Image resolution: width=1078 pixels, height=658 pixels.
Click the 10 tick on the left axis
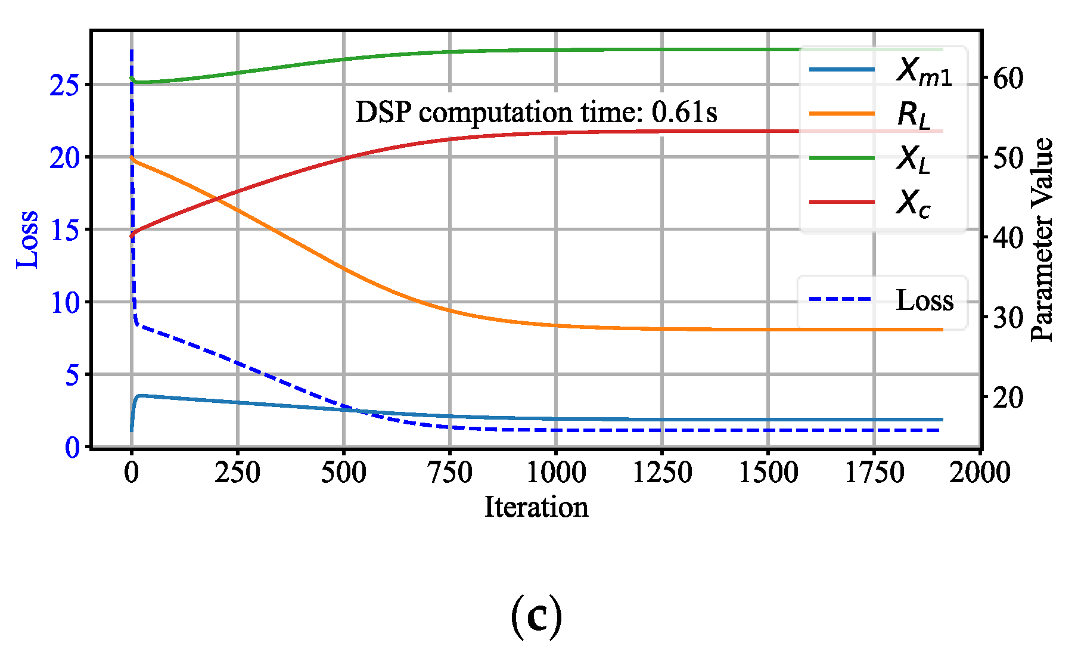(64, 303)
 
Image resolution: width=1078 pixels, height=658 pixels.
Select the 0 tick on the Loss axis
(72, 448)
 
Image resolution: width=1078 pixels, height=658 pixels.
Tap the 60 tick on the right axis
(1008, 78)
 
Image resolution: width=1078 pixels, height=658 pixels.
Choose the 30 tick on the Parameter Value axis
(1008, 317)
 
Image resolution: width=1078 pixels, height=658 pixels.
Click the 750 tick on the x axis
(450, 473)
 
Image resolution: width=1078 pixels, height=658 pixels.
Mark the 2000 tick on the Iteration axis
(980, 473)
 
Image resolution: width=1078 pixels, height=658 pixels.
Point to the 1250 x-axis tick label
(662, 473)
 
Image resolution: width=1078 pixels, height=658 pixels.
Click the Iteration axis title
(536, 507)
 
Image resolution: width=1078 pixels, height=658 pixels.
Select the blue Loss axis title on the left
(27, 240)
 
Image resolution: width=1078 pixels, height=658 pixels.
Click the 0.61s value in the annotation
(684, 112)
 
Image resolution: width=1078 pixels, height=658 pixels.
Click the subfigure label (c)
(536, 618)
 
